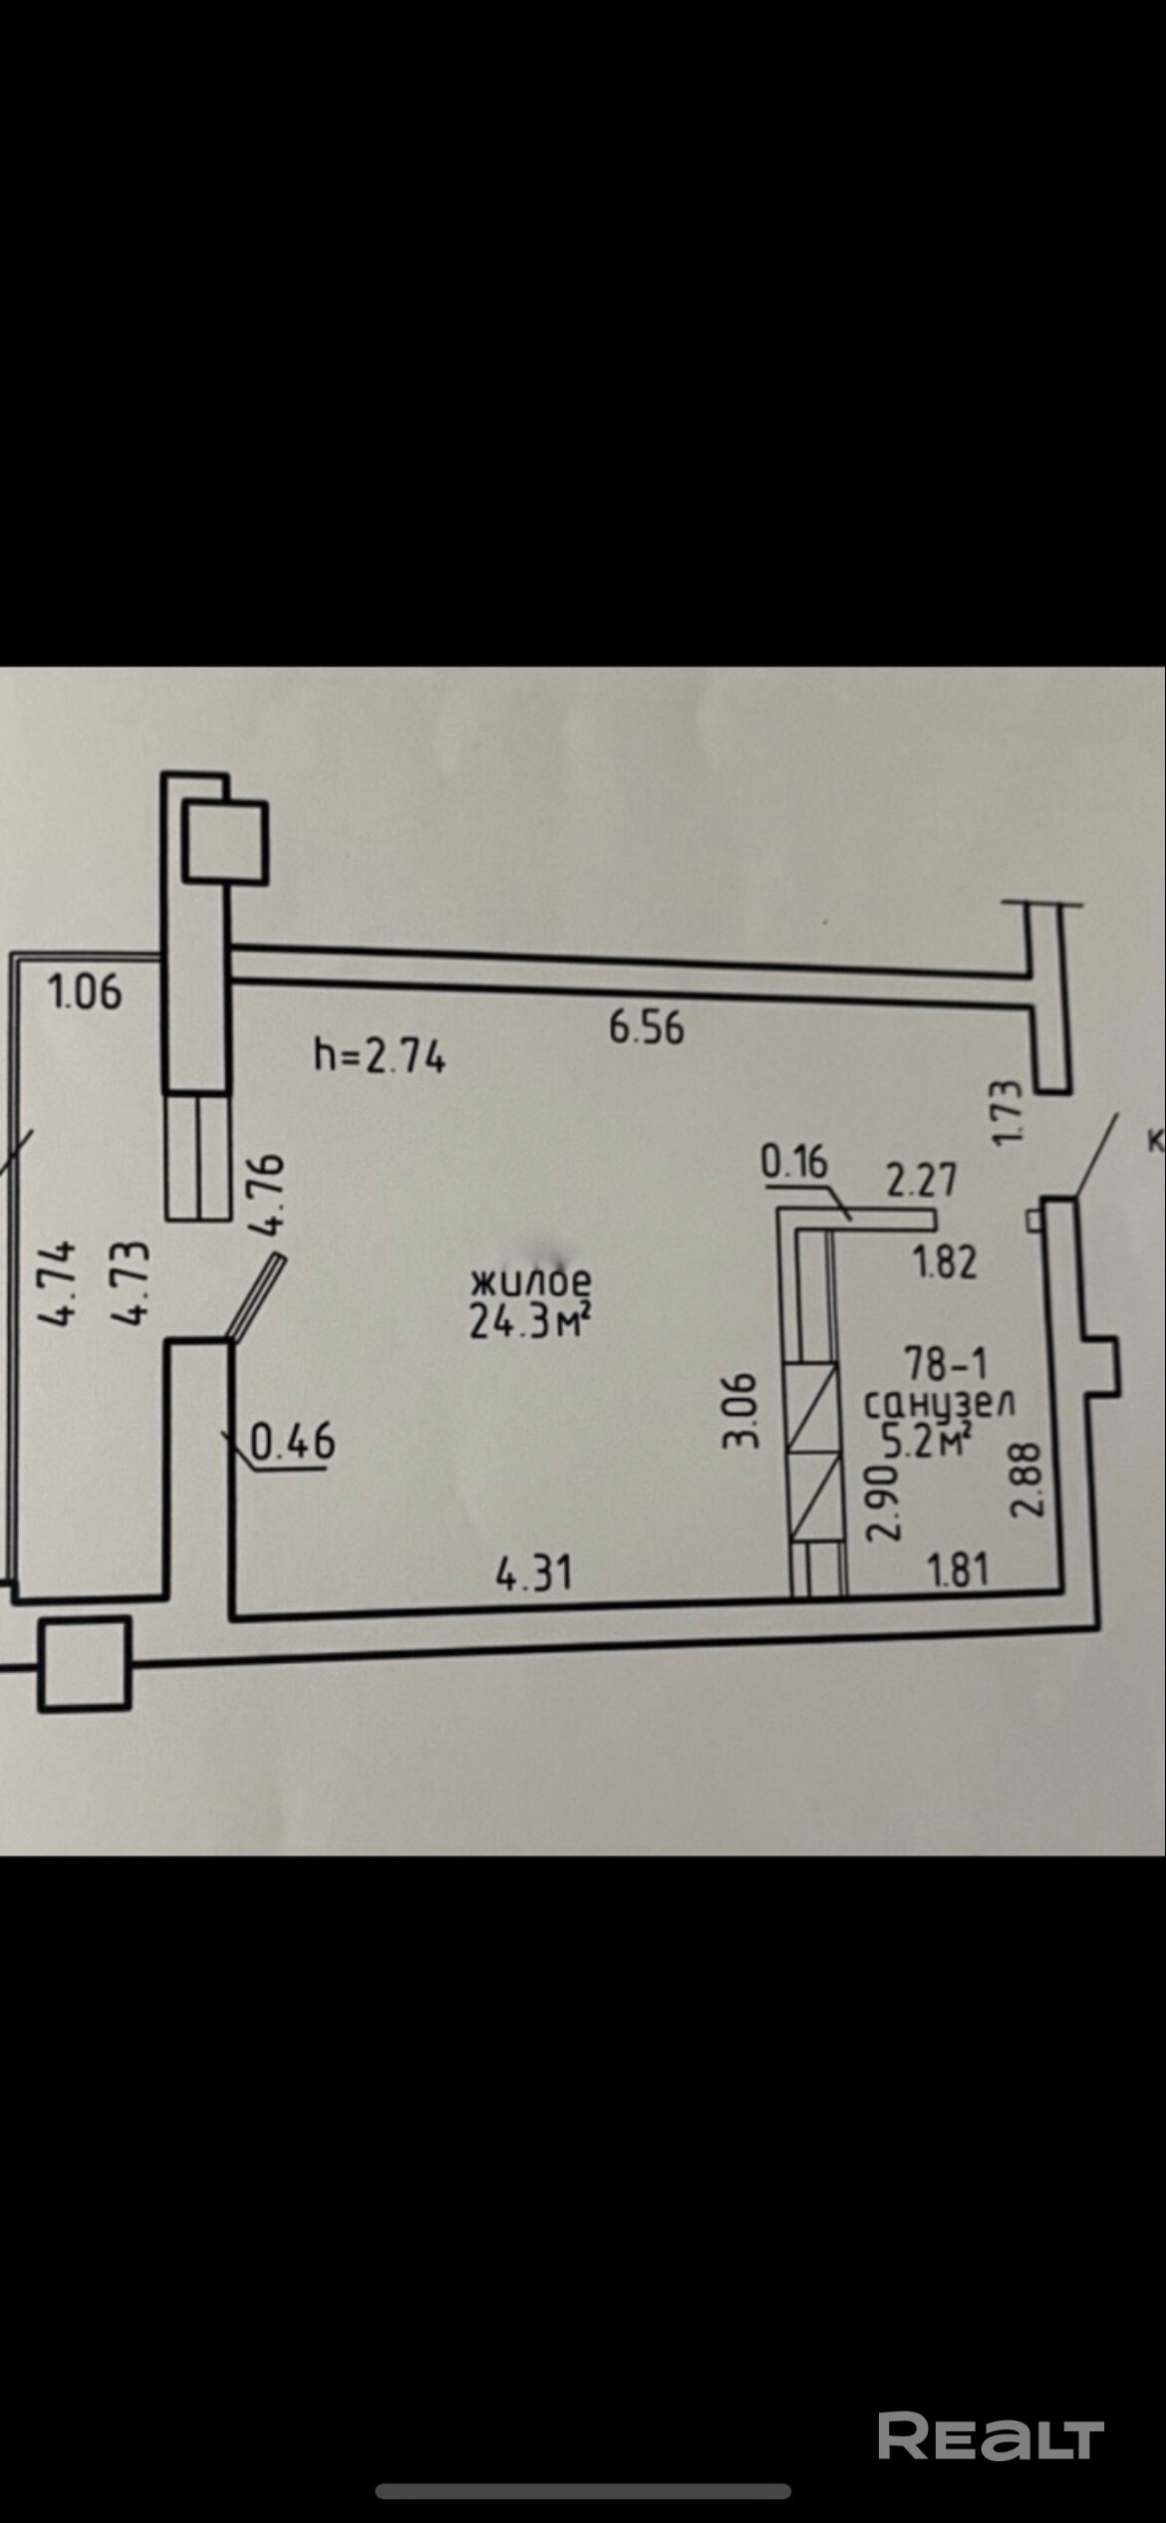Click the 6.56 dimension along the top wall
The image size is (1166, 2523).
pos(647,1026)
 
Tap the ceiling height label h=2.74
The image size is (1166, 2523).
pos(380,1056)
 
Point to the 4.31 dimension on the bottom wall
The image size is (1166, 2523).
pos(534,1574)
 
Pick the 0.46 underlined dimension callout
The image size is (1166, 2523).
pos(292,1442)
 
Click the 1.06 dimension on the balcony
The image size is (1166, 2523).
pos(86,992)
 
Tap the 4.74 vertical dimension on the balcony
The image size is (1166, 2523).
pos(56,1282)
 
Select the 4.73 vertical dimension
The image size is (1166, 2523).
pos(131,1282)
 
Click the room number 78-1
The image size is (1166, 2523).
pos(944,1361)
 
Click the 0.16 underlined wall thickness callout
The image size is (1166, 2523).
pos(794,1162)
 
